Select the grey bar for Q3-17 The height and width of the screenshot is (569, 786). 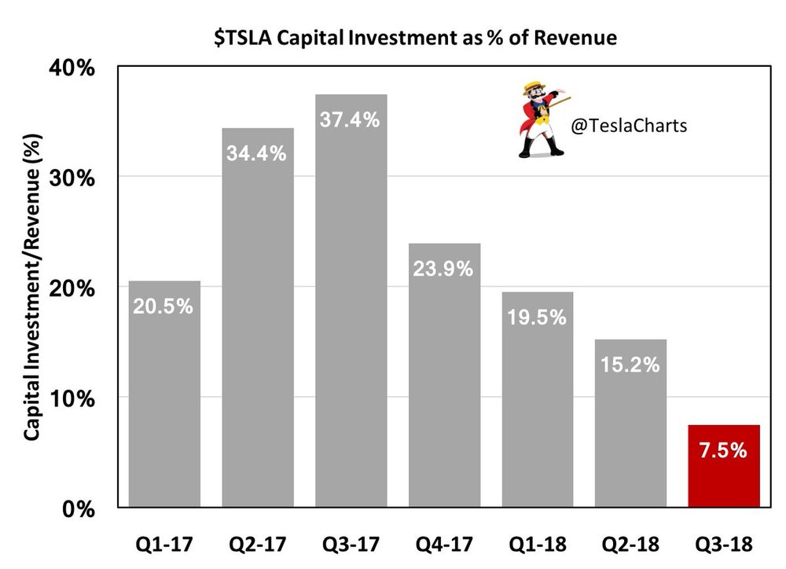[351, 314]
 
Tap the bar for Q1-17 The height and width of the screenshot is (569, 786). [164, 393]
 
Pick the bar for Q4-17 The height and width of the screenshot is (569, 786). [444, 377]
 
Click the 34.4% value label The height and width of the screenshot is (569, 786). [257, 153]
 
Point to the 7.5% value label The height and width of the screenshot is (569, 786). [723, 452]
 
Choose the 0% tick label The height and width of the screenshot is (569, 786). [79, 508]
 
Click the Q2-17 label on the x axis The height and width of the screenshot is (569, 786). [257, 545]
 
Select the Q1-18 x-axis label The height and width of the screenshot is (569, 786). [537, 545]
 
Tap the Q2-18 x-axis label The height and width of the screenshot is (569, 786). [630, 545]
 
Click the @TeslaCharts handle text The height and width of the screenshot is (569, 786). [629, 125]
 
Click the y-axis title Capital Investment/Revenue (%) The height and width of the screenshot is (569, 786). [33, 287]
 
